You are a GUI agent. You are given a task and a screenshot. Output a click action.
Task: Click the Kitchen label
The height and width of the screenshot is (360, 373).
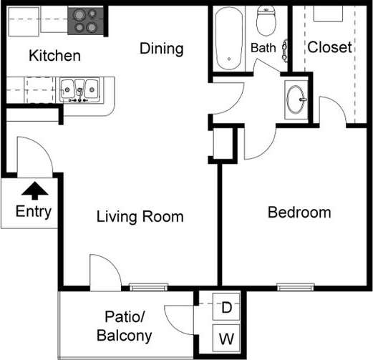pyautogui.click(x=54, y=56)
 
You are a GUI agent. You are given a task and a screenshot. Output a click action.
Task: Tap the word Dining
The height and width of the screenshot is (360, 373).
pyautogui.click(x=162, y=49)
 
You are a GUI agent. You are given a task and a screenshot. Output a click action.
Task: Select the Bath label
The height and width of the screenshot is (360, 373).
pyautogui.click(x=263, y=48)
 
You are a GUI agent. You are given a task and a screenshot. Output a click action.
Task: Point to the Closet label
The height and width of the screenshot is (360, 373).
pyautogui.click(x=329, y=47)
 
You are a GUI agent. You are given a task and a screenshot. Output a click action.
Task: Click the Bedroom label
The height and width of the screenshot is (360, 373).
pyautogui.click(x=299, y=213)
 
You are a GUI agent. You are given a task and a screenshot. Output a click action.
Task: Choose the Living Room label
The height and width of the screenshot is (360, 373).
pyautogui.click(x=140, y=217)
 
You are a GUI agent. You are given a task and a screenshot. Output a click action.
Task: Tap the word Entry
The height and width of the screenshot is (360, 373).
pyautogui.click(x=34, y=212)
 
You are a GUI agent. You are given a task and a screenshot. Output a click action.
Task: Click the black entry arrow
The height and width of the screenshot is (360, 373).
pyautogui.click(x=35, y=190)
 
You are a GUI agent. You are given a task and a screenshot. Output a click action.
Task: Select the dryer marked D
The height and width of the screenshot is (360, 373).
pyautogui.click(x=226, y=307)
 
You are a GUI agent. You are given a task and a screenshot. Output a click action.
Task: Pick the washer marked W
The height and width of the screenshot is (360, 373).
pyautogui.click(x=226, y=338)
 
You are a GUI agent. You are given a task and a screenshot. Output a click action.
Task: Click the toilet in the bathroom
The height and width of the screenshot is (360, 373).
pyautogui.click(x=266, y=21)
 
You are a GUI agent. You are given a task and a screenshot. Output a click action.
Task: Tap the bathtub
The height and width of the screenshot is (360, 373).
pyautogui.click(x=229, y=39)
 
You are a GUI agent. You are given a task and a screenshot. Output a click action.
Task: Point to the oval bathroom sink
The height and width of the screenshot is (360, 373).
pyautogui.click(x=296, y=99)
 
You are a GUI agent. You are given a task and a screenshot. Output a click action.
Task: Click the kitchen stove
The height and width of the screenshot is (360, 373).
pyautogui.click(x=85, y=21)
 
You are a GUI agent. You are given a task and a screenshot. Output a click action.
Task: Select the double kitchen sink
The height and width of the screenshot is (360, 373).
pyautogui.click(x=79, y=89)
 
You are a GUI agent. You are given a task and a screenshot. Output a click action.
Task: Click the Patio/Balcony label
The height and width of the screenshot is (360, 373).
pyautogui.click(x=125, y=326)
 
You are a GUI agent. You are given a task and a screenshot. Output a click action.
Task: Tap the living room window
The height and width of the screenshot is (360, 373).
pyautogui.click(x=148, y=287)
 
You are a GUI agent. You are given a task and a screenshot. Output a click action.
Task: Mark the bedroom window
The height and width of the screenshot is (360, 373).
pyautogui.click(x=296, y=287)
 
